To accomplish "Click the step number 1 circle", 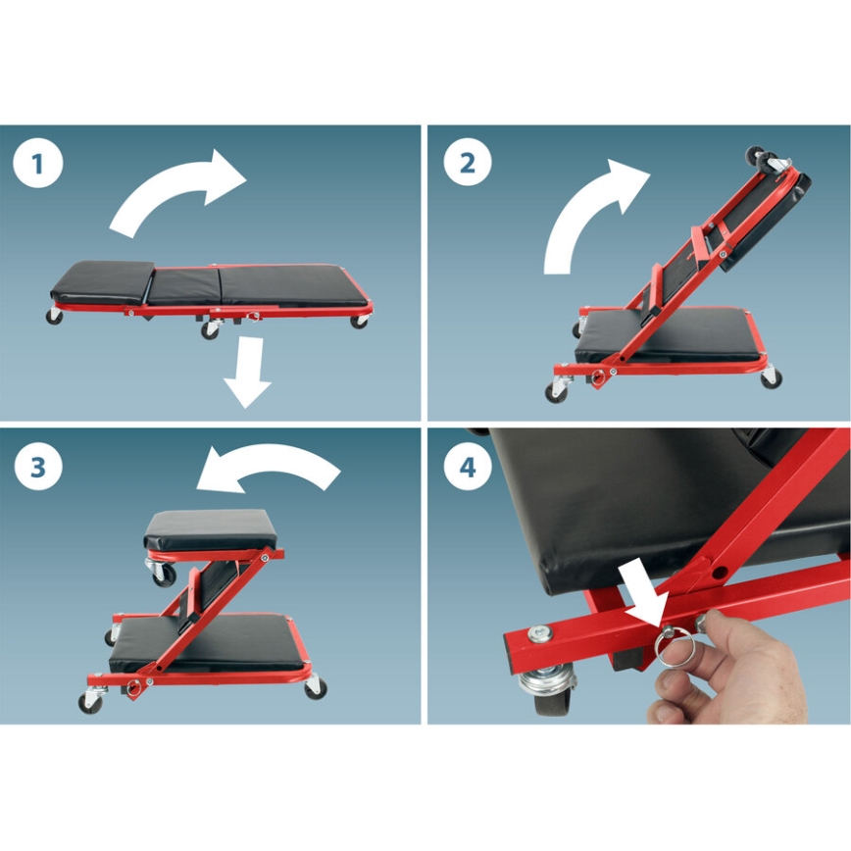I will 38,164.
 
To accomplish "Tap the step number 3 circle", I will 38,467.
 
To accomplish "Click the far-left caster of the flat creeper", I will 54,316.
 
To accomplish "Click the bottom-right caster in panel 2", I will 772,377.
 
